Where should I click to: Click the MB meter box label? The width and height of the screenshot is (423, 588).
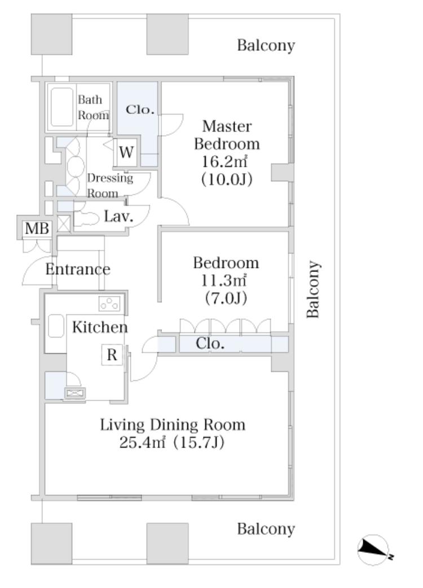tap(37, 228)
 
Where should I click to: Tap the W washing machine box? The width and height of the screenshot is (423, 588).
tap(126, 152)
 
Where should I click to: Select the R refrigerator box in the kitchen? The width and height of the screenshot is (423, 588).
tap(112, 354)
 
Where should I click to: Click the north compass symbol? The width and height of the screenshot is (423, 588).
tap(373, 550)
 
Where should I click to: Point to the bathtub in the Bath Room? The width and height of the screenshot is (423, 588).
tap(62, 107)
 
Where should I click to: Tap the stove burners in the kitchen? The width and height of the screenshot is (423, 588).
tap(110, 303)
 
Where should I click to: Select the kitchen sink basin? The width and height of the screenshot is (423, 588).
tap(56, 326)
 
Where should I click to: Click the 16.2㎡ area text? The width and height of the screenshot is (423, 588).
tap(224, 161)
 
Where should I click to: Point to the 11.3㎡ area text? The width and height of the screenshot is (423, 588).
tap(224, 280)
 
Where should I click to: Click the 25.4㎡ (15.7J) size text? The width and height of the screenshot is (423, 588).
tap(172, 443)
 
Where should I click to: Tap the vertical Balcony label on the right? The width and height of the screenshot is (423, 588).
tap(313, 289)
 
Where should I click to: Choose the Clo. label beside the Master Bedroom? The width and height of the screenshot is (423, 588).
tap(140, 109)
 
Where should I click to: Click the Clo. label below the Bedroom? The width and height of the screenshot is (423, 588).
tap(210, 343)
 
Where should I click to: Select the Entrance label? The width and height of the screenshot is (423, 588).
tap(78, 269)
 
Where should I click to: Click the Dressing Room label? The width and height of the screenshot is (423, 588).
tap(110, 186)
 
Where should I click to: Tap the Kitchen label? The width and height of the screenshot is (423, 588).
tap(100, 327)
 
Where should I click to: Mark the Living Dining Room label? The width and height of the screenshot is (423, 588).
tap(173, 424)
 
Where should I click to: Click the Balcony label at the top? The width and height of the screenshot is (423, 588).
tap(266, 45)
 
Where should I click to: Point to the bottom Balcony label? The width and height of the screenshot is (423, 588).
tap(266, 529)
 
